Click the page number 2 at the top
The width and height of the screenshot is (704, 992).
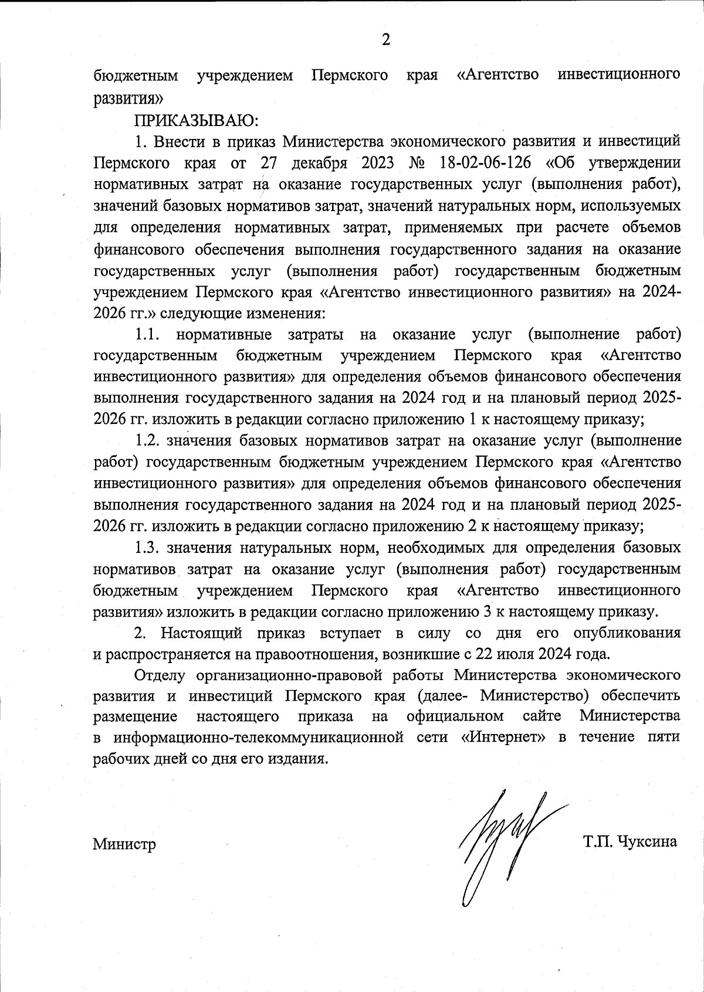(x=385, y=40)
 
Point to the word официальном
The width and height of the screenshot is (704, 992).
(x=454, y=716)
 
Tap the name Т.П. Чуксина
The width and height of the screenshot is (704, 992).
(x=630, y=842)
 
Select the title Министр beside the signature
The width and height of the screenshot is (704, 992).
(x=124, y=845)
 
